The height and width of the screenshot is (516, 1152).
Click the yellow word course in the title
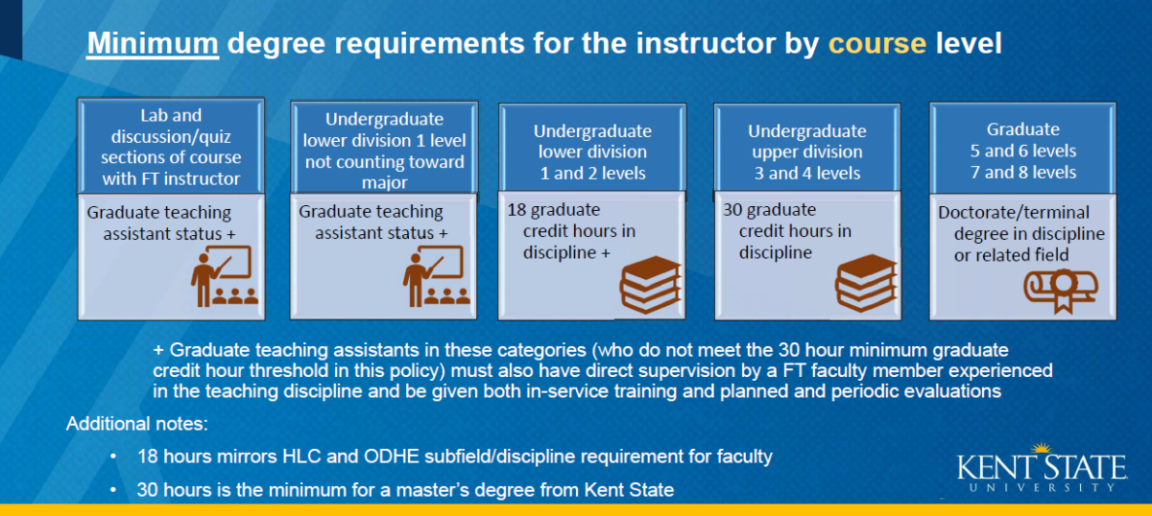tap(877, 43)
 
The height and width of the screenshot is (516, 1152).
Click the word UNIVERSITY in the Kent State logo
tap(1043, 487)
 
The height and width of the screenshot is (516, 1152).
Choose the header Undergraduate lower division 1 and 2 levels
tap(592, 152)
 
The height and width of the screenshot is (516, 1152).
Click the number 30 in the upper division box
tap(732, 210)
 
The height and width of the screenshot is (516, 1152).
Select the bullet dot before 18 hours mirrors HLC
tap(113, 457)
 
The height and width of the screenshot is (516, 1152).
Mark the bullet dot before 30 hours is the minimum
tap(113, 490)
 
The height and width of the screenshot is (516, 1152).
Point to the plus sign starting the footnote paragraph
tap(158, 351)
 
